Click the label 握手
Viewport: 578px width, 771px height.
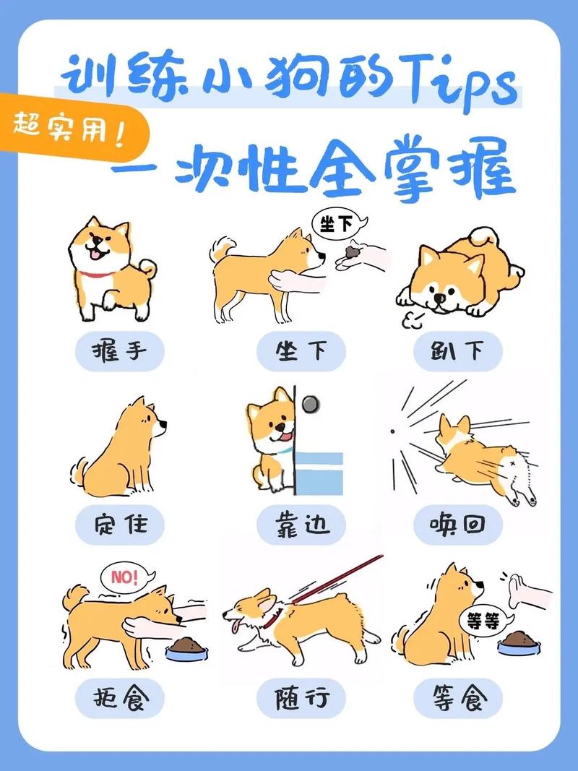pos(120,352)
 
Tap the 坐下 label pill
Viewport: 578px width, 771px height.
pos(301,352)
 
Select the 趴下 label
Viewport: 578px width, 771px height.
pos(458,352)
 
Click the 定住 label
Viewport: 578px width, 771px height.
pos(120,525)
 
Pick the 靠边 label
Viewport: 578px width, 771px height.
pos(301,525)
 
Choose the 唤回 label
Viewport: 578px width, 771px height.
pos(458,525)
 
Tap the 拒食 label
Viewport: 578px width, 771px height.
pos(120,698)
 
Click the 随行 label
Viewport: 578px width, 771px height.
pos(301,698)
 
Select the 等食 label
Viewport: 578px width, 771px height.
pos(458,698)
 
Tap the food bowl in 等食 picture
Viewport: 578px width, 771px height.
pos(519,640)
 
